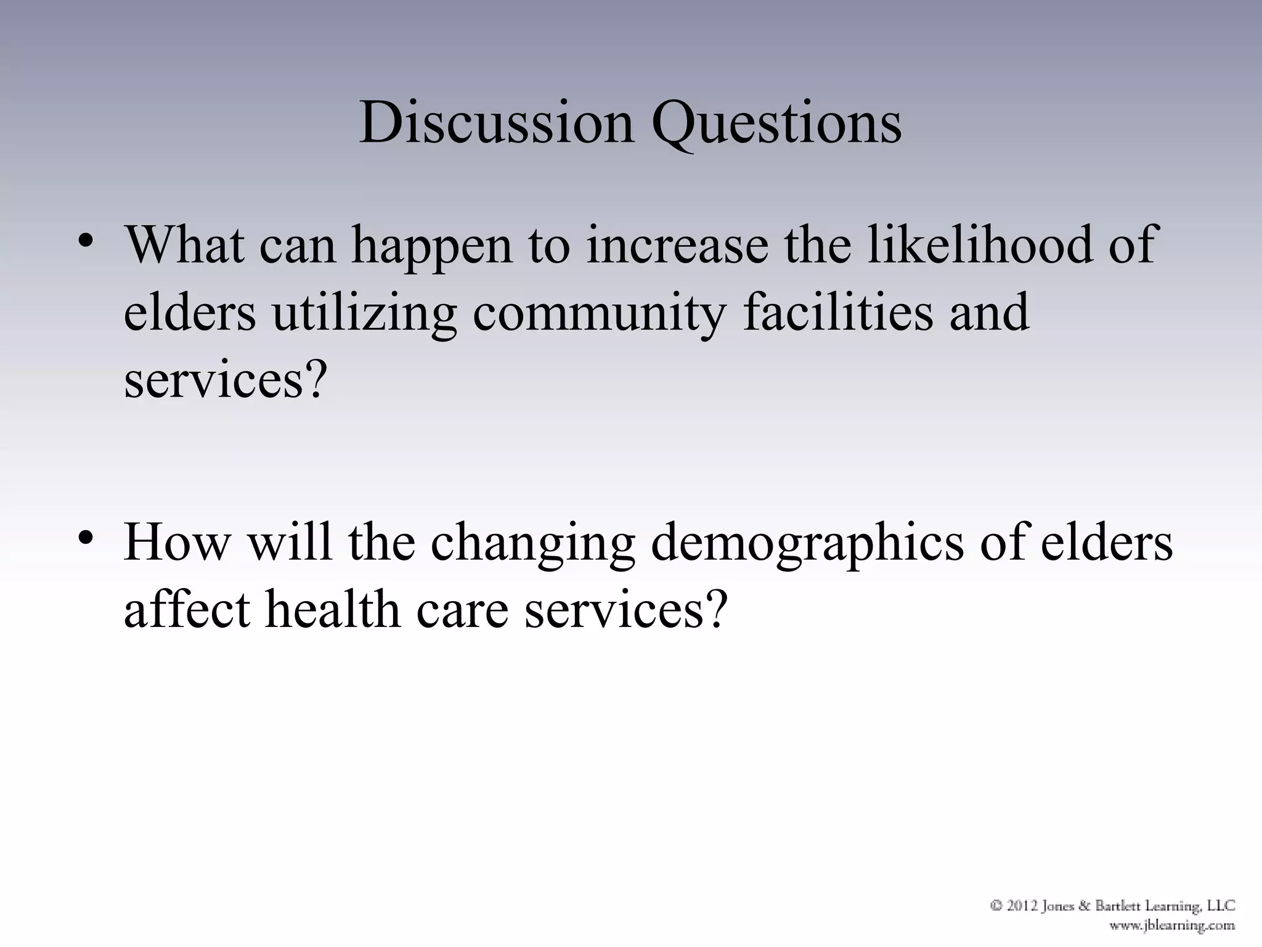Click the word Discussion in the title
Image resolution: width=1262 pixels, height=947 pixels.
[x=496, y=122]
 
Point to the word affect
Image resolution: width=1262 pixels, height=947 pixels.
[x=187, y=609]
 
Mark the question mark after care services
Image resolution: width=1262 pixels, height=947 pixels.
[x=715, y=609]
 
